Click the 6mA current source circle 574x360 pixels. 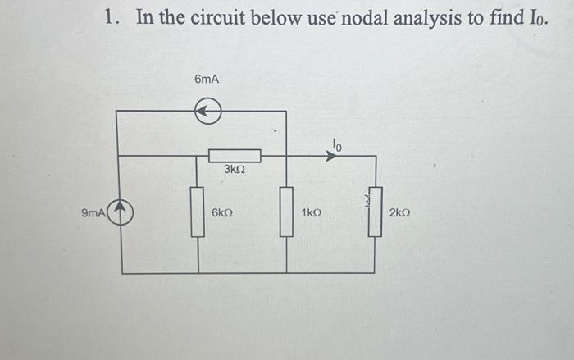tap(208, 111)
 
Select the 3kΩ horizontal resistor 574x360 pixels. tap(235, 156)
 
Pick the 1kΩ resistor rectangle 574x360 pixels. tap(286, 212)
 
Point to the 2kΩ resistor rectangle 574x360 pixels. tap(375, 212)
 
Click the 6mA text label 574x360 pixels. tap(207, 79)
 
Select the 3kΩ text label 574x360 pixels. tap(235, 170)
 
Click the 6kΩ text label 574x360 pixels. tap(222, 213)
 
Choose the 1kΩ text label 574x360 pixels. tap(312, 213)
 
